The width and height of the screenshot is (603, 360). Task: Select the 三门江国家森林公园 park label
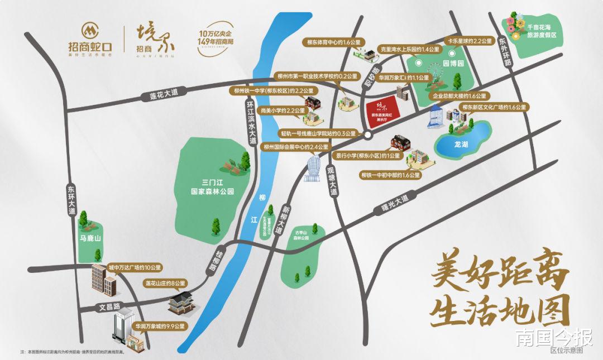pos(210,186)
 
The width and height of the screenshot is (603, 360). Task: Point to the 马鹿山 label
pos(90,238)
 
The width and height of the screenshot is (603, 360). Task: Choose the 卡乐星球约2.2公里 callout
pos(468,41)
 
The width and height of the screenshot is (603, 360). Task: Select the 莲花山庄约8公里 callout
pos(165,284)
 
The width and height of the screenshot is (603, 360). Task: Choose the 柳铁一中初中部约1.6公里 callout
pos(390,175)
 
